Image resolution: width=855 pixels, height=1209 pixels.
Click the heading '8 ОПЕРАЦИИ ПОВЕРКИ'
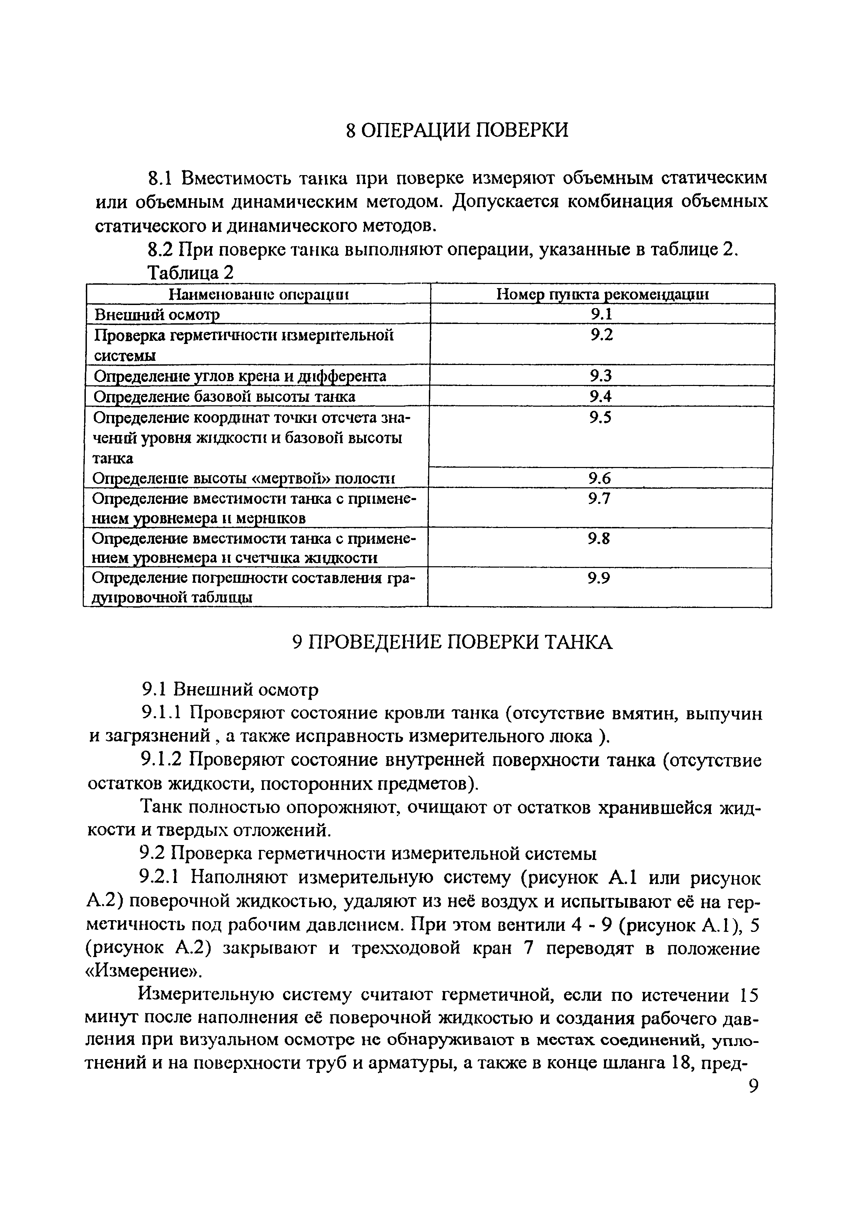pos(457,130)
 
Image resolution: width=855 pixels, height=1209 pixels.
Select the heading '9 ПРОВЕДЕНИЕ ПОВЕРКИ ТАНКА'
pos(452,642)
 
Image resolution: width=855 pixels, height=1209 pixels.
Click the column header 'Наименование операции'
pos(259,294)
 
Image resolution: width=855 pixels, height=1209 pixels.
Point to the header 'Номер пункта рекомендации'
pos(603,294)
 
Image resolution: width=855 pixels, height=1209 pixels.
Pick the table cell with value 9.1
pos(601,314)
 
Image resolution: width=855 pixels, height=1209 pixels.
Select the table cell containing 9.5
pos(601,418)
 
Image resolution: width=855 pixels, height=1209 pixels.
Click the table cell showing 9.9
pos(600,578)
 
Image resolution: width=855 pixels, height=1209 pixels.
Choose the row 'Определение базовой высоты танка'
pos(224,396)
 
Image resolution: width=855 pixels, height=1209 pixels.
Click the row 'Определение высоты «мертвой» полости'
pos(243,478)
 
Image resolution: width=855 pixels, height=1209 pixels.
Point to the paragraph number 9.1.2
pos(161,761)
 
